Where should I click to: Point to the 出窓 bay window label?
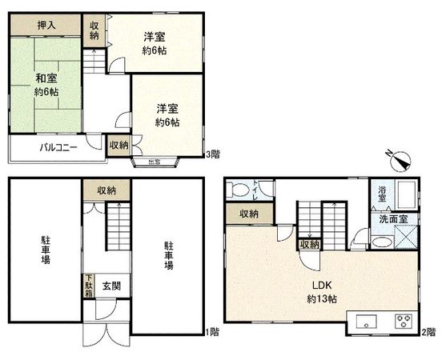[153, 162]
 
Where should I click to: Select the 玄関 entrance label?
[110, 286]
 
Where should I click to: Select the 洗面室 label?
[395, 217]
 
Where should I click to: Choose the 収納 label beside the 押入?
[94, 30]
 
